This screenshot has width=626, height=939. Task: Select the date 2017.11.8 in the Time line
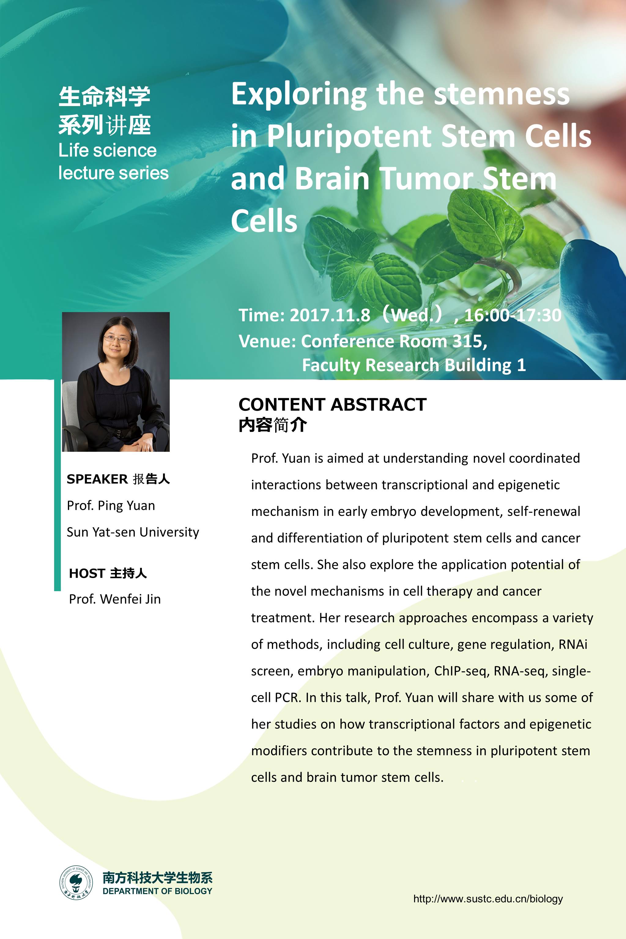(330, 315)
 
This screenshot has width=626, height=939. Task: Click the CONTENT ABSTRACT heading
(332, 404)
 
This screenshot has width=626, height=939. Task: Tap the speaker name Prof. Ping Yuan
(111, 506)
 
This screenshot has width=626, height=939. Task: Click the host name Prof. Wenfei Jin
(115, 599)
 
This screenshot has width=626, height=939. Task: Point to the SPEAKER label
(97, 479)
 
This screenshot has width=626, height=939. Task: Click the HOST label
(87, 573)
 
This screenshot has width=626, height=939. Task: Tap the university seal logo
(76, 883)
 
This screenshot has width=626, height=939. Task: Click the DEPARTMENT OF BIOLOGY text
(157, 891)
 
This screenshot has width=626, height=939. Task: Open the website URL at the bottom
(488, 899)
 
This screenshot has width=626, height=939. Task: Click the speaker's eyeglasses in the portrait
(117, 340)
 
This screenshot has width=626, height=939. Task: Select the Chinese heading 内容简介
(273, 425)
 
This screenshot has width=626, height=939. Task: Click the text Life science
(107, 150)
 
